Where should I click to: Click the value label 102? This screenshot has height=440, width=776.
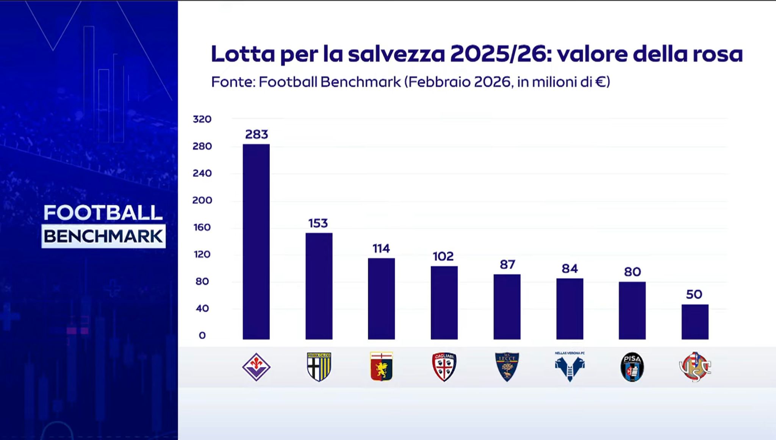click(x=443, y=256)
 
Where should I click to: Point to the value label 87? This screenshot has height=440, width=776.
click(x=507, y=264)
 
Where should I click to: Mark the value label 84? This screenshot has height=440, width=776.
click(x=569, y=268)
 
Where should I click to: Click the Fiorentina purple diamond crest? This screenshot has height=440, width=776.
click(x=256, y=367)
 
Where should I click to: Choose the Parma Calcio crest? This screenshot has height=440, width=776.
click(x=319, y=367)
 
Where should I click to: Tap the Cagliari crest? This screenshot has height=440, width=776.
click(x=444, y=367)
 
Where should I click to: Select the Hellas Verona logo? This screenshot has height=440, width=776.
click(x=569, y=367)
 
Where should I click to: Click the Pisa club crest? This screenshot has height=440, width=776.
click(x=632, y=367)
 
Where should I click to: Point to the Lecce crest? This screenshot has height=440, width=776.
click(x=507, y=367)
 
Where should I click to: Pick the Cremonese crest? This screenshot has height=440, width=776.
click(x=695, y=367)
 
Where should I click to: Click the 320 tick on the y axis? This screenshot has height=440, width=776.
click(x=202, y=119)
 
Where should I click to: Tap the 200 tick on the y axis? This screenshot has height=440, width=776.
click(x=202, y=200)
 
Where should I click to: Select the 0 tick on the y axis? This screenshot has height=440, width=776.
click(x=202, y=335)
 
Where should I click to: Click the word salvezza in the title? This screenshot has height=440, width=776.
click(x=396, y=54)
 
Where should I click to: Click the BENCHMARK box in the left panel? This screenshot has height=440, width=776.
click(x=103, y=236)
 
